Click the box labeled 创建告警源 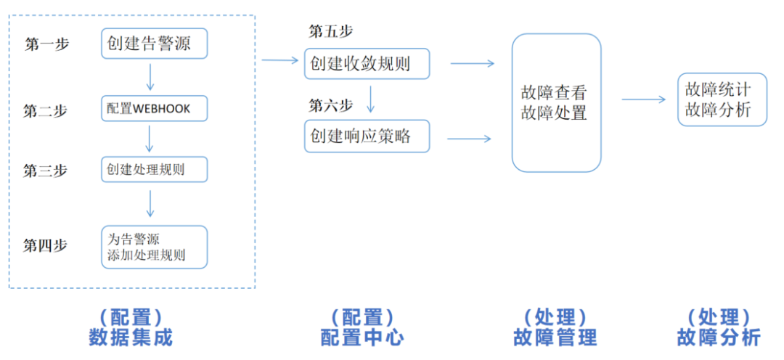155,44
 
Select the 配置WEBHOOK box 155,109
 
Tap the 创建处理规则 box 155,170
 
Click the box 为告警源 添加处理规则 155,247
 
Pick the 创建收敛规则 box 367,64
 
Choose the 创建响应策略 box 367,136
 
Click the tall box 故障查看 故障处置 556,102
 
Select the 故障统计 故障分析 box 722,99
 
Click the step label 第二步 46,110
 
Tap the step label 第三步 46,171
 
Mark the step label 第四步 46,245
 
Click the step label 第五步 331,31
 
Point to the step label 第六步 331,105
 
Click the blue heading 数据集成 131,337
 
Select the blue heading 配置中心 362,337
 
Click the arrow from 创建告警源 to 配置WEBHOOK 150,76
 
